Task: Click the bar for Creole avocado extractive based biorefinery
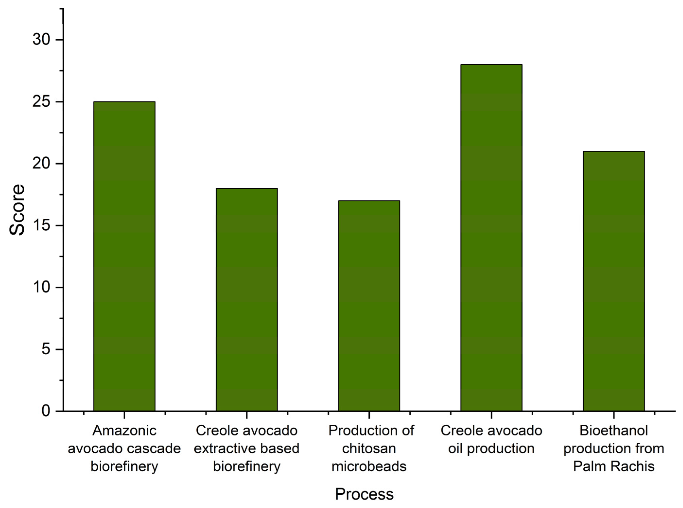(247, 300)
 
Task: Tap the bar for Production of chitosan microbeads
(369, 306)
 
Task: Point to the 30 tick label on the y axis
(41, 40)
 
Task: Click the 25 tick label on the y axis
(41, 102)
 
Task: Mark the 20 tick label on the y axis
(41, 164)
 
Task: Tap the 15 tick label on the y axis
(41, 226)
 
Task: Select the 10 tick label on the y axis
(41, 287)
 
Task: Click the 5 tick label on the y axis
(46, 349)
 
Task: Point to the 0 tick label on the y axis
(46, 411)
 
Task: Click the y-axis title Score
(17, 210)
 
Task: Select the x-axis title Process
(364, 494)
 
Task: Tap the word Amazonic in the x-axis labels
(124, 431)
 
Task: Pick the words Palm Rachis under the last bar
(614, 466)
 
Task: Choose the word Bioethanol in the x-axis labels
(614, 431)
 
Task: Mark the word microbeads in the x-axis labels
(369, 466)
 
